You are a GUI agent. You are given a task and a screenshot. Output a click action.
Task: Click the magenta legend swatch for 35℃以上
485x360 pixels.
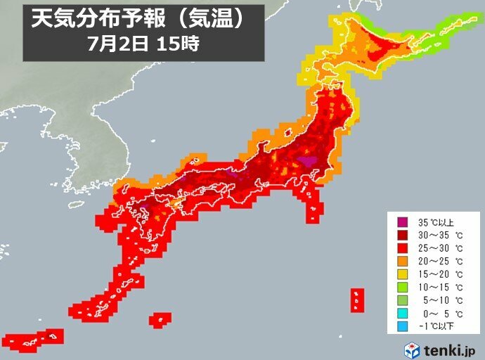coord(401,223)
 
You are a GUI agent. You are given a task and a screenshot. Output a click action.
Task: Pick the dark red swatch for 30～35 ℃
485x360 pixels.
coord(401,236)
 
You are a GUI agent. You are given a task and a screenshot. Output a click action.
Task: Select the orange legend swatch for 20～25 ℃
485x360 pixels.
coord(401,262)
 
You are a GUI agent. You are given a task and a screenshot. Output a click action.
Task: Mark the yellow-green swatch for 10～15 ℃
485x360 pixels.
coord(401,288)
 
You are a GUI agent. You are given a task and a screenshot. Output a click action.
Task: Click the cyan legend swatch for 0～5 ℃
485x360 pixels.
coord(401,313)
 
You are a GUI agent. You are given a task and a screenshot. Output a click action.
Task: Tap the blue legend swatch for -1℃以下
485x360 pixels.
coord(401,326)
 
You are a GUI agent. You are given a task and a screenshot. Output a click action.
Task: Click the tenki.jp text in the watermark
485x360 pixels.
coord(451,349)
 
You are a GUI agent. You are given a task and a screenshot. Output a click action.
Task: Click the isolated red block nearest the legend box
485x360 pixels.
coord(357,300)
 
